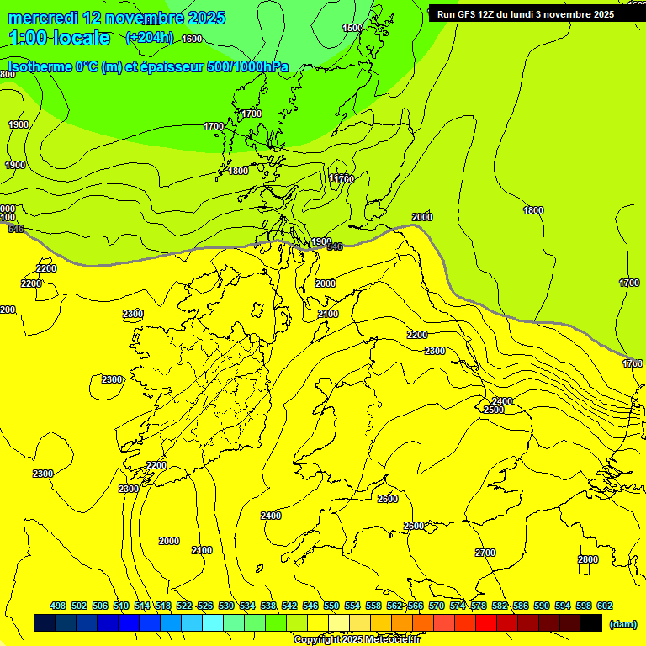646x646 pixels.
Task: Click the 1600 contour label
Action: [x=192, y=39]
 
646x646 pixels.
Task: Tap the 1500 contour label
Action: [x=352, y=28]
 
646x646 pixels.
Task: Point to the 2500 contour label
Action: [x=494, y=410]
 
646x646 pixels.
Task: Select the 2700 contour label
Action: [x=485, y=553]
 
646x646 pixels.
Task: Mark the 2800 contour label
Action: [x=588, y=559]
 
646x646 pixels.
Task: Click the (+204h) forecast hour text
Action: [x=150, y=37]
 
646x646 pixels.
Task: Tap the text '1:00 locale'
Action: [x=60, y=38]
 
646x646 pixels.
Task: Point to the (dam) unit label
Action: [x=622, y=623]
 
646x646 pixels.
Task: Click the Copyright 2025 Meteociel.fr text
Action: [x=357, y=640]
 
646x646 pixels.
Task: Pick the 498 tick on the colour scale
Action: [x=58, y=606]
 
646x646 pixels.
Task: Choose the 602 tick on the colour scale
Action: [x=605, y=606]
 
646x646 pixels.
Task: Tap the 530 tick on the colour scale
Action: [x=226, y=606]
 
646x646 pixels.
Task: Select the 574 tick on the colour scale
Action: [x=458, y=606]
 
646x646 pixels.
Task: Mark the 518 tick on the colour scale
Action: [x=163, y=606]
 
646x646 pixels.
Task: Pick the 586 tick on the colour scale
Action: [x=521, y=606]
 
